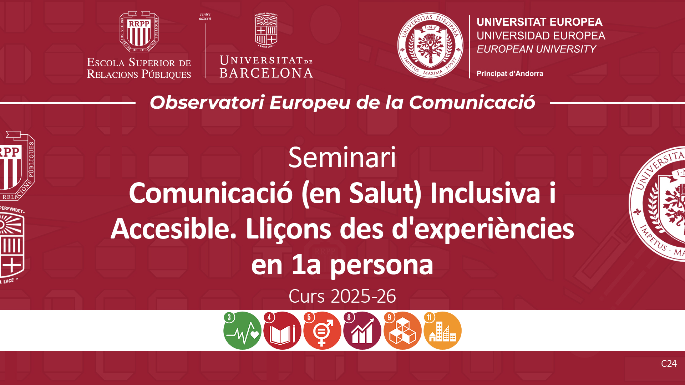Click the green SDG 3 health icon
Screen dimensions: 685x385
tap(242, 330)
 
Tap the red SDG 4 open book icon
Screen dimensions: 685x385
tap(282, 330)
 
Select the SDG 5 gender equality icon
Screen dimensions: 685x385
tap(322, 330)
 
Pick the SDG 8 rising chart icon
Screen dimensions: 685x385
tap(362, 330)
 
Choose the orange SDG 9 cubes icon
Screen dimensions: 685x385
tap(402, 330)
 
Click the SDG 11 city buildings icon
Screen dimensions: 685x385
tap(442, 330)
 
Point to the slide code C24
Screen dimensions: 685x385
tap(669, 364)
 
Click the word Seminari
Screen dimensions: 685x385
tap(342, 157)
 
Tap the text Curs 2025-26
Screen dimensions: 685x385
tap(342, 296)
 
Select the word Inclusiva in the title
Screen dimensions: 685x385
tap(485, 193)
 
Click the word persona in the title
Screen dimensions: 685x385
tap(381, 266)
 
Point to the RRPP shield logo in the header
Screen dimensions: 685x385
tap(139, 32)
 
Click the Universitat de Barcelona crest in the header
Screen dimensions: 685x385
tap(266, 30)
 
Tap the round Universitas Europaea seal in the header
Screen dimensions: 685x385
tap(430, 45)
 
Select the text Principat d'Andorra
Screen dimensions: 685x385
tap(510, 73)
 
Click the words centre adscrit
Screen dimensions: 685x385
tap(205, 16)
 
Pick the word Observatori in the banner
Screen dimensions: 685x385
tap(207, 103)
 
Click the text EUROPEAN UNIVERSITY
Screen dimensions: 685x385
tap(536, 49)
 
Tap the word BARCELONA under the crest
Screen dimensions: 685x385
tap(266, 73)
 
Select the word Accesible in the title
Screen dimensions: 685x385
tap(174, 229)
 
